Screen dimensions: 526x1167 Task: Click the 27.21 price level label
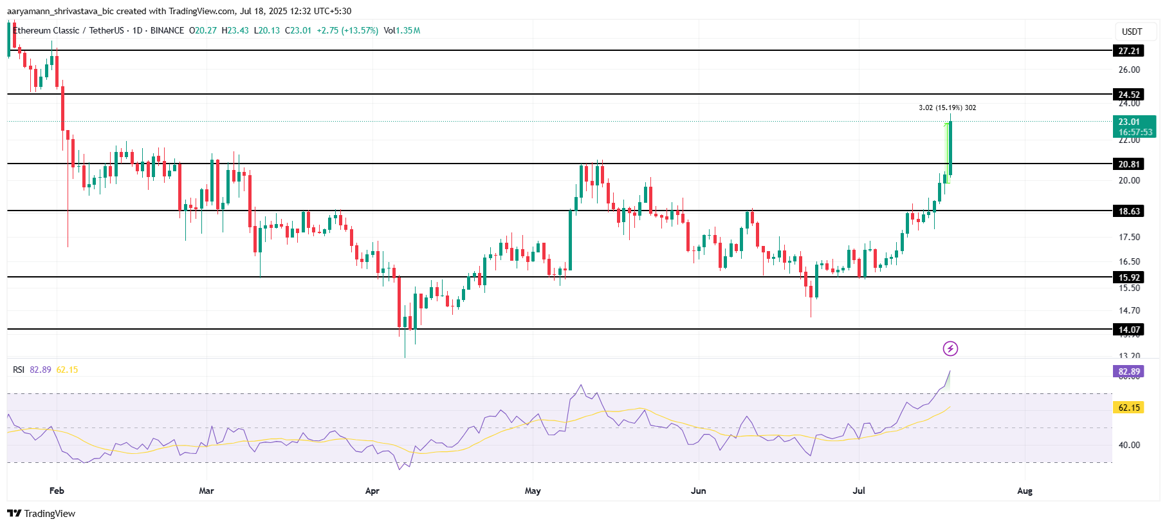click(x=1128, y=51)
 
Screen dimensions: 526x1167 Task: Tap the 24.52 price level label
click(x=1128, y=95)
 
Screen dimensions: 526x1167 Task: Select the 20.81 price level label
click(x=1128, y=164)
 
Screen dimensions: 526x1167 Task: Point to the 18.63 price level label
click(x=1128, y=211)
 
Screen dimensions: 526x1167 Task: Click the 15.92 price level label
click(x=1128, y=277)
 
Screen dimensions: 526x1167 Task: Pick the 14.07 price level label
click(x=1128, y=330)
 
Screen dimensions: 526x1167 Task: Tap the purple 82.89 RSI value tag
click(x=1128, y=371)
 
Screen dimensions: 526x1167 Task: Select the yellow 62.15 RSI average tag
click(x=1128, y=408)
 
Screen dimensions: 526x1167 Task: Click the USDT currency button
click(x=1132, y=32)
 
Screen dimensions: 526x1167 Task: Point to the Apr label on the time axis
click(x=372, y=491)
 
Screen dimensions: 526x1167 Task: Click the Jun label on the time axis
click(x=698, y=491)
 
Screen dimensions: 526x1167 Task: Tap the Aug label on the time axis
click(x=1024, y=491)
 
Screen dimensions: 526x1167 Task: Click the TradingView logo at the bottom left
click(x=41, y=513)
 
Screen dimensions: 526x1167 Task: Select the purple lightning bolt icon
click(x=950, y=348)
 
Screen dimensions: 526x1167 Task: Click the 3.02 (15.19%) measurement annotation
click(x=947, y=108)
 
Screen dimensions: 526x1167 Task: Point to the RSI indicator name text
click(x=19, y=370)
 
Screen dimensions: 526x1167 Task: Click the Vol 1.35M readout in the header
click(x=402, y=30)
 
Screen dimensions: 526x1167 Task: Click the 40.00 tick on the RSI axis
click(x=1129, y=445)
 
